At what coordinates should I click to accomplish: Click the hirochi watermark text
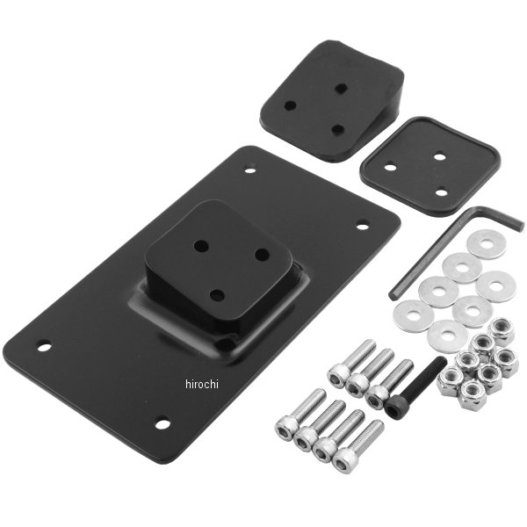point(201,384)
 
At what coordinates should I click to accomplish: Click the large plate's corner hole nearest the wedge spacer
point(249,170)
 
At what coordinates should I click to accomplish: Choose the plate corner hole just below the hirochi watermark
point(162,424)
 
